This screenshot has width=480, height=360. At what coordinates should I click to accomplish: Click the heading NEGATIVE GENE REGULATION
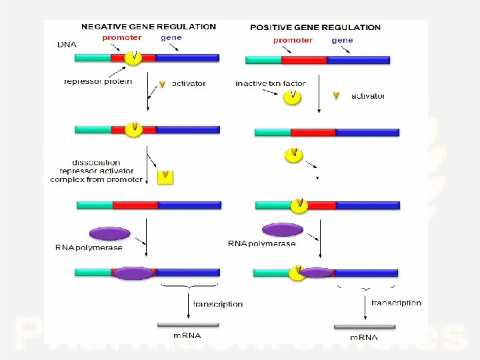(x=148, y=27)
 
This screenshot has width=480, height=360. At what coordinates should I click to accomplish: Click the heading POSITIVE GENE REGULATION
(x=315, y=27)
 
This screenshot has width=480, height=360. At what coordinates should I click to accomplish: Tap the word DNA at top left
(x=67, y=45)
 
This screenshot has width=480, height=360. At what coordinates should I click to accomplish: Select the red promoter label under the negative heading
(x=121, y=38)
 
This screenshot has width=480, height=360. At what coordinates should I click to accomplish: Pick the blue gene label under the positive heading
(x=342, y=40)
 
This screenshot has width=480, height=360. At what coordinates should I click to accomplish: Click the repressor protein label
(x=98, y=82)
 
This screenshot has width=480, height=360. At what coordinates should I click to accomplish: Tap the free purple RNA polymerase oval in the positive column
(x=283, y=230)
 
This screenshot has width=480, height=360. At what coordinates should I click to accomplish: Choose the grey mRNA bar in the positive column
(x=364, y=327)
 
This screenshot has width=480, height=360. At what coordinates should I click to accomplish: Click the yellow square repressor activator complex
(x=165, y=177)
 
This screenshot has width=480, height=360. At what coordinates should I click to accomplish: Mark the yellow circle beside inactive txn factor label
(x=293, y=97)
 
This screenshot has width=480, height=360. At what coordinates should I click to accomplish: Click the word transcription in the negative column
(x=218, y=304)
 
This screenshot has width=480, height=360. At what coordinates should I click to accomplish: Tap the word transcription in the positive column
(x=396, y=303)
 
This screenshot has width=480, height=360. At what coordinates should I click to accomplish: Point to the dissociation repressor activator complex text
(x=97, y=171)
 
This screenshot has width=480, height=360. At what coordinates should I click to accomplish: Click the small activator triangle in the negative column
(x=162, y=85)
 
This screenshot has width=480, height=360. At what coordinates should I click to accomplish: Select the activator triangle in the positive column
(x=337, y=96)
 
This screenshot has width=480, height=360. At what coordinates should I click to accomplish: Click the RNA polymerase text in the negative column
(x=89, y=248)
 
